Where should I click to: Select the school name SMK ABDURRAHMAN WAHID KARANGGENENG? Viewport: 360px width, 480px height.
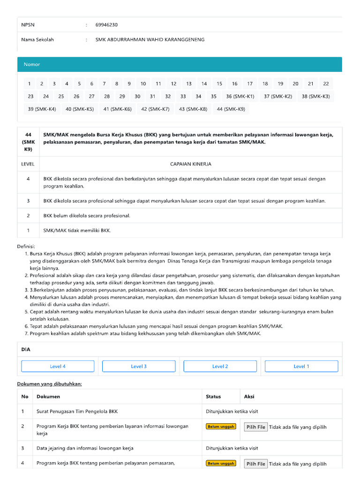tap(150, 40)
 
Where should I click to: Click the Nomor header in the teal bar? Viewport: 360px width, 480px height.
tap(32, 64)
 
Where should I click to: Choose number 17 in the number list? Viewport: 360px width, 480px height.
tap(250, 84)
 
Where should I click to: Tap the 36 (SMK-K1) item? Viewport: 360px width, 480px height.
tap(240, 97)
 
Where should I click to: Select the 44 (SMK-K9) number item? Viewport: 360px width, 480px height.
tap(231, 109)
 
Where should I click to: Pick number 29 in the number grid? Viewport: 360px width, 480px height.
tap(122, 97)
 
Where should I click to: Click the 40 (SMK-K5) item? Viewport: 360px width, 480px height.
tap(80, 109)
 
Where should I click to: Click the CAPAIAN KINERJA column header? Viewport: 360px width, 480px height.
tap(190, 164)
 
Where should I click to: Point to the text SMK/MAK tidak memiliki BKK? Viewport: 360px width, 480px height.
tap(77, 230)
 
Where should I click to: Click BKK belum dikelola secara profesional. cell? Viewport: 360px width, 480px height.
tap(87, 216)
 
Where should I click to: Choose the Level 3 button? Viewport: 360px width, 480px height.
tap(139, 367)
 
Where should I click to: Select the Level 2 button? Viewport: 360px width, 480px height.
tap(220, 367)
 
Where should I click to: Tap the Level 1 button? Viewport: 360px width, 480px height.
tap(301, 367)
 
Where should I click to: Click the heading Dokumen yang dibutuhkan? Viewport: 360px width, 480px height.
tap(50, 383)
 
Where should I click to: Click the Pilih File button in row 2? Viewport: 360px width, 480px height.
tap(256, 427)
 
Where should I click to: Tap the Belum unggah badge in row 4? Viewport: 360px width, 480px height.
tap(221, 464)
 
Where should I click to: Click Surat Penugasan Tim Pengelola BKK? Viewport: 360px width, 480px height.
tap(77, 412)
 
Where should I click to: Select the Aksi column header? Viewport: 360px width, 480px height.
tap(249, 397)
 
